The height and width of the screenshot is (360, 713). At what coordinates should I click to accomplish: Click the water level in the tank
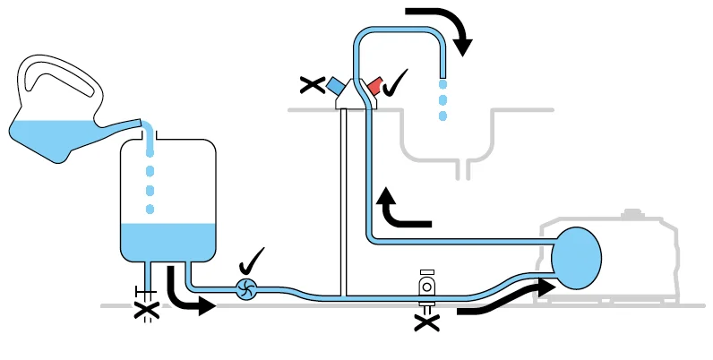pyautogui.click(x=168, y=237)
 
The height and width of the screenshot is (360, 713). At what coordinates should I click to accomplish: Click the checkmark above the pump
pyautogui.click(x=253, y=262)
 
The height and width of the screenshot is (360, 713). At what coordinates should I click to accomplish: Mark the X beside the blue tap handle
pyautogui.click(x=312, y=86)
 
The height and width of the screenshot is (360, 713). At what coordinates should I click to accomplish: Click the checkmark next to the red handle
pyautogui.click(x=394, y=83)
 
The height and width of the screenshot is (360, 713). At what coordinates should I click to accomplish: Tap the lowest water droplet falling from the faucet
pyautogui.click(x=442, y=116)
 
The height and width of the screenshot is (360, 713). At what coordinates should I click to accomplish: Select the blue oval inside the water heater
pyautogui.click(x=575, y=258)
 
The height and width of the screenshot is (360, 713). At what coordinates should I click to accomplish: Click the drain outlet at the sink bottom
pyautogui.click(x=463, y=167)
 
